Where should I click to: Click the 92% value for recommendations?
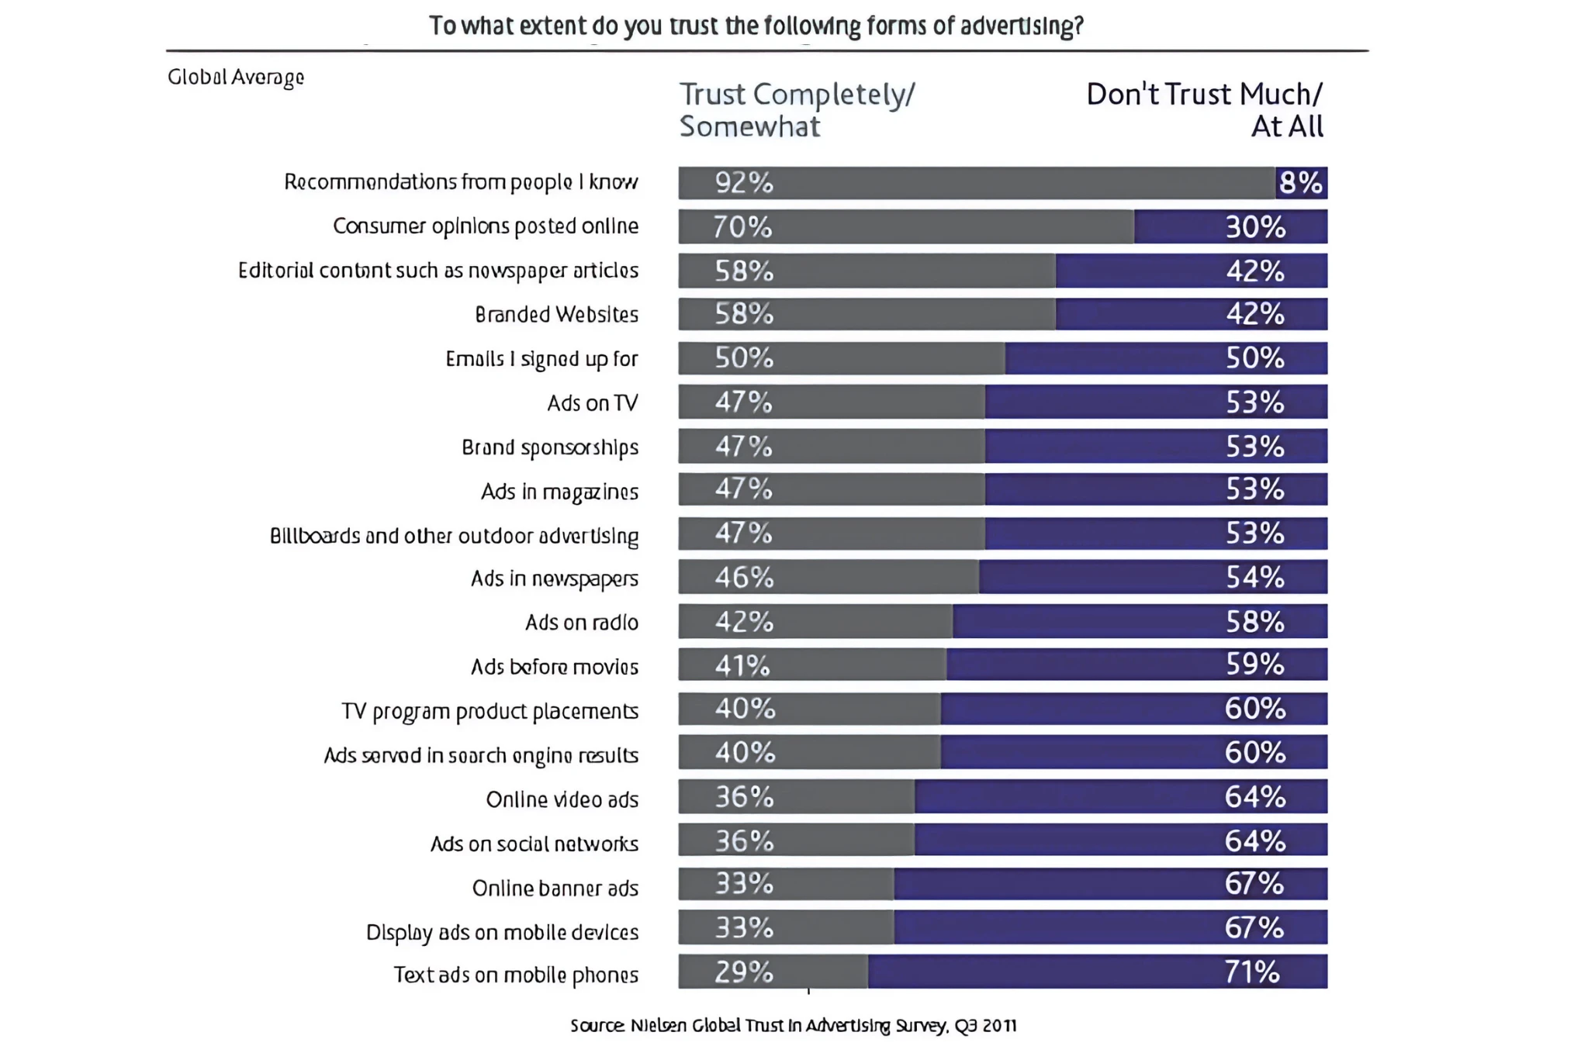pyautogui.click(x=744, y=183)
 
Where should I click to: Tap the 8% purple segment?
pyautogui.click(x=1301, y=183)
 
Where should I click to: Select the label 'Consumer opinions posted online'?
pyautogui.click(x=486, y=226)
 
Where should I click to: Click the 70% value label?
pyautogui.click(x=742, y=227)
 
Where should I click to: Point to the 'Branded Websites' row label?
pyautogui.click(x=556, y=315)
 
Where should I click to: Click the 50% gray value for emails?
pyautogui.click(x=744, y=358)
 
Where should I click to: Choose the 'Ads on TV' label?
pyautogui.click(x=592, y=403)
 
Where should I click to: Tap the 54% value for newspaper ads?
pyautogui.click(x=1254, y=578)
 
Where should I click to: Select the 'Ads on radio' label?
pyautogui.click(x=582, y=623)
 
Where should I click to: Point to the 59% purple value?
pyautogui.click(x=1254, y=665)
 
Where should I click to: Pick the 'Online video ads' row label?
pyautogui.click(x=562, y=799)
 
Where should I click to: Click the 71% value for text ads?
pyautogui.click(x=1252, y=972)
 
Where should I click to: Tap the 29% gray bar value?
pyautogui.click(x=743, y=972)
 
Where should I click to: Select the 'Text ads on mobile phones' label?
pyautogui.click(x=516, y=975)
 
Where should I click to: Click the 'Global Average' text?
pyautogui.click(x=236, y=77)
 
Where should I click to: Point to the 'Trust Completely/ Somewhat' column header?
pyautogui.click(x=797, y=110)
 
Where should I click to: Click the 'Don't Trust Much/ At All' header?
pyautogui.click(x=1204, y=110)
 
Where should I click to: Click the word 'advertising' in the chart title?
pyautogui.click(x=1021, y=26)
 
